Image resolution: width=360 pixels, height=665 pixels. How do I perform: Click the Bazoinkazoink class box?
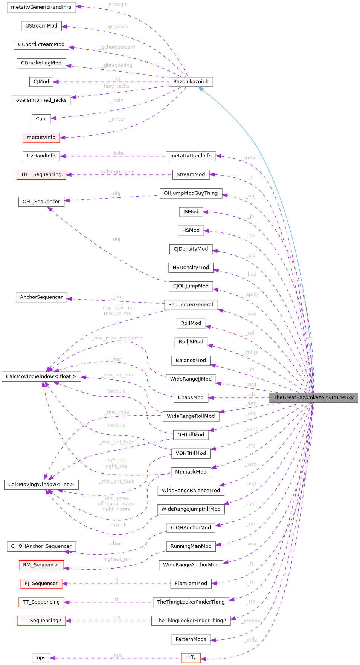pos(191,82)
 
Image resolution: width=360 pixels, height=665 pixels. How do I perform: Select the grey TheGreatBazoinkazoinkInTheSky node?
pos(313,397)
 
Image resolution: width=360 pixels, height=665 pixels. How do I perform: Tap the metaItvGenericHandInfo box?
pos(41,7)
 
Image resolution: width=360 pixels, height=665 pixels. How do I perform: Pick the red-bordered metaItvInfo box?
pos(41,138)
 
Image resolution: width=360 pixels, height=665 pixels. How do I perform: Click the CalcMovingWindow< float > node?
pos(41,376)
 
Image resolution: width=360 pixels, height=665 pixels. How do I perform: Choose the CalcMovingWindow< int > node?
pos(41,485)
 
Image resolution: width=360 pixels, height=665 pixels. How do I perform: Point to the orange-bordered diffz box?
pos(191,658)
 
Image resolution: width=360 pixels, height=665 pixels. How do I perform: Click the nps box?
pos(41,658)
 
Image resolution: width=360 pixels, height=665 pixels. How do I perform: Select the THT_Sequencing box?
pos(41,174)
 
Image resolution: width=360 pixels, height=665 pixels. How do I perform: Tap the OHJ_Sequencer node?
pos(41,202)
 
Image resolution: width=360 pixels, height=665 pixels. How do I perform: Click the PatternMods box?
pos(191,639)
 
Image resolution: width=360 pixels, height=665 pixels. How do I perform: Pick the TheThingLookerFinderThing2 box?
pos(191,621)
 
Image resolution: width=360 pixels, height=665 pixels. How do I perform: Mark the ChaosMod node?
pos(191,397)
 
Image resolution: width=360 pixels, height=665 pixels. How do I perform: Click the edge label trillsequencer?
pos(117,172)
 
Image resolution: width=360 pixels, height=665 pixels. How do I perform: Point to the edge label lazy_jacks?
pos(117,86)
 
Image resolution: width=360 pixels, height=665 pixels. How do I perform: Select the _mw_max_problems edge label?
pos(117,338)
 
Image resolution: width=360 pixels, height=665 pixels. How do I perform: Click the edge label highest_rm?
pos(117,559)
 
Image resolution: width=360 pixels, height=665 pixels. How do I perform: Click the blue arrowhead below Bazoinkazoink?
pos(201,89)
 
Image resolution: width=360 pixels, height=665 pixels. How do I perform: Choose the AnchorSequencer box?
pos(41,297)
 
